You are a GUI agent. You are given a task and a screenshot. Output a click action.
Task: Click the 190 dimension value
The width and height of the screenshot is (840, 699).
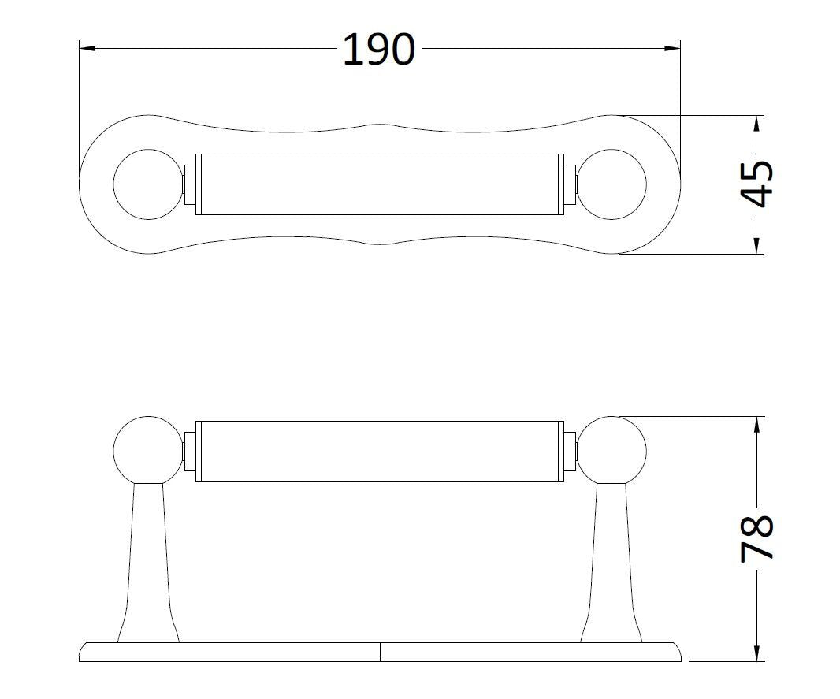(x=379, y=50)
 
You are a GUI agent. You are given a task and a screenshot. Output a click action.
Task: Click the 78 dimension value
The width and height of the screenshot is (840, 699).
(x=757, y=538)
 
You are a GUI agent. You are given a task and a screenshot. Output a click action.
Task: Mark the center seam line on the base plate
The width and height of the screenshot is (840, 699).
(x=381, y=651)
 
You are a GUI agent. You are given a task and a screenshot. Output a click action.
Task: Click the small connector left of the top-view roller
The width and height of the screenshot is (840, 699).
(x=189, y=184)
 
